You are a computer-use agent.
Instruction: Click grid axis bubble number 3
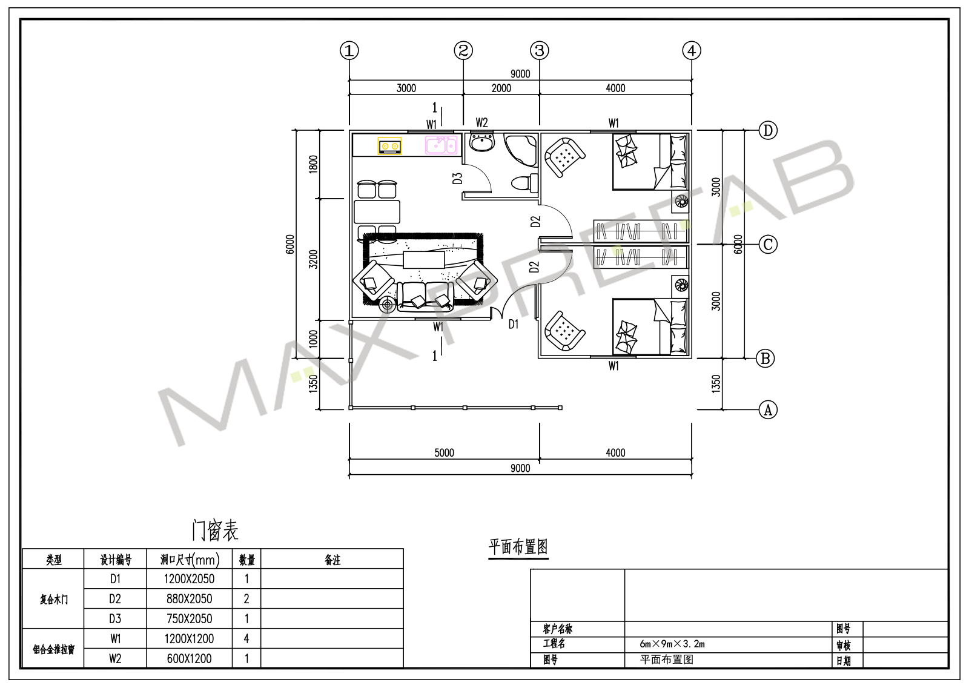pos(540,51)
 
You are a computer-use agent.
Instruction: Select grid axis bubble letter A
pos(768,409)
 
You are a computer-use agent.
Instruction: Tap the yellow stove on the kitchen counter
pos(389,146)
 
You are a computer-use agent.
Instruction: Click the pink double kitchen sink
pos(441,145)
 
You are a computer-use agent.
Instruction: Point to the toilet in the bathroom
pos(525,183)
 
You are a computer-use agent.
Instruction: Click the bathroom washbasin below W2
pos(482,142)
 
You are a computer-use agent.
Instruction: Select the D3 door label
pos(457,178)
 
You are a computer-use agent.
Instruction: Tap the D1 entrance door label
pos(513,324)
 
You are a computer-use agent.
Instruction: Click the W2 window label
pos(481,123)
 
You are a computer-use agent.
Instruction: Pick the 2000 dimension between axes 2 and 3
pos(501,88)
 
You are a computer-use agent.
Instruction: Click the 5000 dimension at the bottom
pos(445,452)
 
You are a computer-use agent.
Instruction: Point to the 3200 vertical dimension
pos(313,259)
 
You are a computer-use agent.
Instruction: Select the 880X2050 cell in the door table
pos(189,599)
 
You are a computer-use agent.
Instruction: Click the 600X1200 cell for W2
pos(189,658)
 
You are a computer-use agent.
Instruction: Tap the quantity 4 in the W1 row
pos(246,639)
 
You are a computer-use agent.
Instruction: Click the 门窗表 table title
pos(215,531)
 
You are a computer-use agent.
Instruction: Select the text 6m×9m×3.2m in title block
pos(672,644)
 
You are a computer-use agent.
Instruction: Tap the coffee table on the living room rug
pos(423,260)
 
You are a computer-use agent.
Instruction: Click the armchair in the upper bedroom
pos(564,157)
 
